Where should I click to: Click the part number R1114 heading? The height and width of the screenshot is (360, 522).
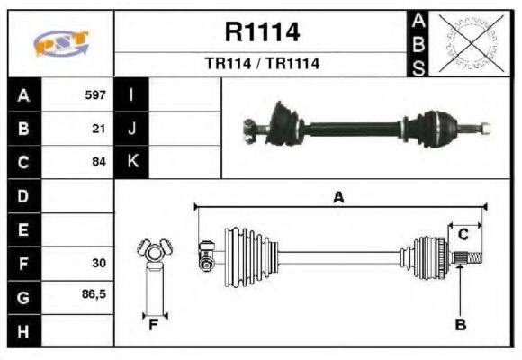(262, 33)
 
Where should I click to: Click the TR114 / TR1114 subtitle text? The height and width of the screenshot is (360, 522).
(262, 64)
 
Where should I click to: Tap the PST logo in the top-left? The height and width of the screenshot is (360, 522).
(60, 43)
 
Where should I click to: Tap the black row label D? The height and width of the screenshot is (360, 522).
(22, 196)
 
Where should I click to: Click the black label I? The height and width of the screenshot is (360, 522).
(131, 94)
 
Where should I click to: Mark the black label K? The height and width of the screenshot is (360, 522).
(131, 163)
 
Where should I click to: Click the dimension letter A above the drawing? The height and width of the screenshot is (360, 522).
(338, 199)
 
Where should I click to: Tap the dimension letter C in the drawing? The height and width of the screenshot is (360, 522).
(463, 235)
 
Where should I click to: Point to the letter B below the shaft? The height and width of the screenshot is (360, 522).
(460, 325)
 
